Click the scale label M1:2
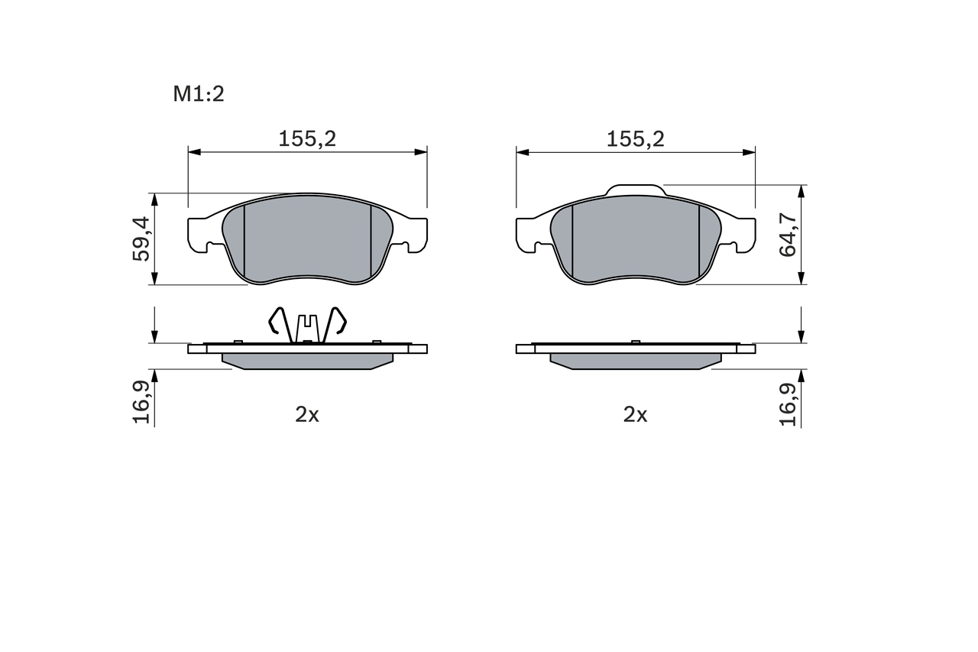pos(198,94)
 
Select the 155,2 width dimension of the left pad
pos(307,138)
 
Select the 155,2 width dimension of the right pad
pos(635,138)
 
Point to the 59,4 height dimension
pos(141,238)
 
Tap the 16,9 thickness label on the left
pos(141,402)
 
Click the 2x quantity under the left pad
pos(307,414)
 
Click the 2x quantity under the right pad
pos(635,414)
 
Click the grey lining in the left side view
pos(307,360)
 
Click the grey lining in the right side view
pos(635,360)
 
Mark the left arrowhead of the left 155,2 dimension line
pos(193,152)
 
